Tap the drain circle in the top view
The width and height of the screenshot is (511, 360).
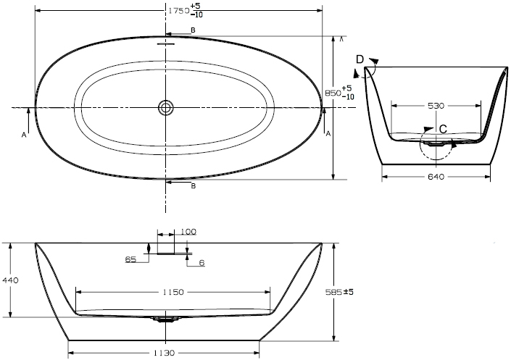[x=166, y=107]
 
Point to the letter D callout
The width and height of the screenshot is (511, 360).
[x=360, y=59]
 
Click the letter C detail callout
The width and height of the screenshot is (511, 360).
[x=443, y=130]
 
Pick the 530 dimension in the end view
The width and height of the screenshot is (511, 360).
[x=436, y=106]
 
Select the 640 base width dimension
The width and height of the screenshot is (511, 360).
[x=436, y=177]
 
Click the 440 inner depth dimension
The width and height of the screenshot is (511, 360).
[x=10, y=280]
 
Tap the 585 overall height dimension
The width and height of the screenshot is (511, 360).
[x=339, y=292]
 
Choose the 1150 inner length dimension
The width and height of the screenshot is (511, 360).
[x=173, y=292]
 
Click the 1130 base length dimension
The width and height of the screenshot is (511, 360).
[x=165, y=353]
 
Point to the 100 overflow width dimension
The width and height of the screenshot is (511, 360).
[x=188, y=232]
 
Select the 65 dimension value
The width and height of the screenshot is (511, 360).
[x=130, y=259]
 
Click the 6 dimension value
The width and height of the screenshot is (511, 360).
[x=202, y=263]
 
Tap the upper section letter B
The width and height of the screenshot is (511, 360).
[x=194, y=30]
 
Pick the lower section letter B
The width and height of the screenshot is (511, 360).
[x=194, y=186]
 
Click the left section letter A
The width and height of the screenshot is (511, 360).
[x=24, y=135]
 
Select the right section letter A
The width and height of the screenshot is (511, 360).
[x=328, y=133]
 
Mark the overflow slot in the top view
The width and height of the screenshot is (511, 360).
[x=166, y=43]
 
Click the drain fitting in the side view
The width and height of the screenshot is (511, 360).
[x=166, y=319]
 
